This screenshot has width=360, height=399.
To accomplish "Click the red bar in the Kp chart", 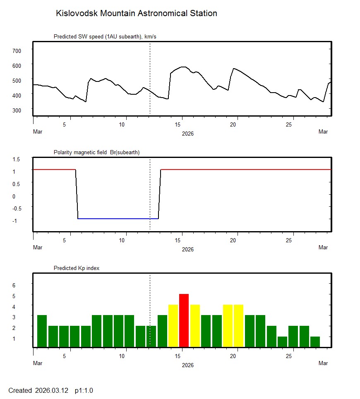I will tap(184, 320).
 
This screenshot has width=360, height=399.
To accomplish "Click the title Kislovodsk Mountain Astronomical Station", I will tap(137, 13).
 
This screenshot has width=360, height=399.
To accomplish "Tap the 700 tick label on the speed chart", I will tap(17, 50).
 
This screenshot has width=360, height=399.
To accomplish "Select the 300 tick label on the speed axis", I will tap(17, 110).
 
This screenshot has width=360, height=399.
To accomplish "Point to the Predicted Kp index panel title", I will tap(77, 268).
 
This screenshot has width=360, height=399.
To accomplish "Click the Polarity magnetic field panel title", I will tap(96, 152).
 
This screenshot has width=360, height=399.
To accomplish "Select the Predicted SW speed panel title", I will tap(105, 37).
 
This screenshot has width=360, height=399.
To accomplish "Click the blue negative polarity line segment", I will tap(118, 218).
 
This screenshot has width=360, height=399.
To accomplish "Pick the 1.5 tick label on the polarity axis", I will tap(17, 159).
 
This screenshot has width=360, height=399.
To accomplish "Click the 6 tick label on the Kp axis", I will tap(14, 285).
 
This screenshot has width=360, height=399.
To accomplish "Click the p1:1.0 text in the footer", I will tap(84, 390).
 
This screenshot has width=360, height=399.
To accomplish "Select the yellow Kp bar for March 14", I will tap(173, 325).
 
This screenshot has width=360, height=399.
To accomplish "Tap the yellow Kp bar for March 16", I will tap(195, 325).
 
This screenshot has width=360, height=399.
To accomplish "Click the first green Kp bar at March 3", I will tap(42, 331).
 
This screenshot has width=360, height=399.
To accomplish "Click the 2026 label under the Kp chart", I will tap(187, 365).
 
